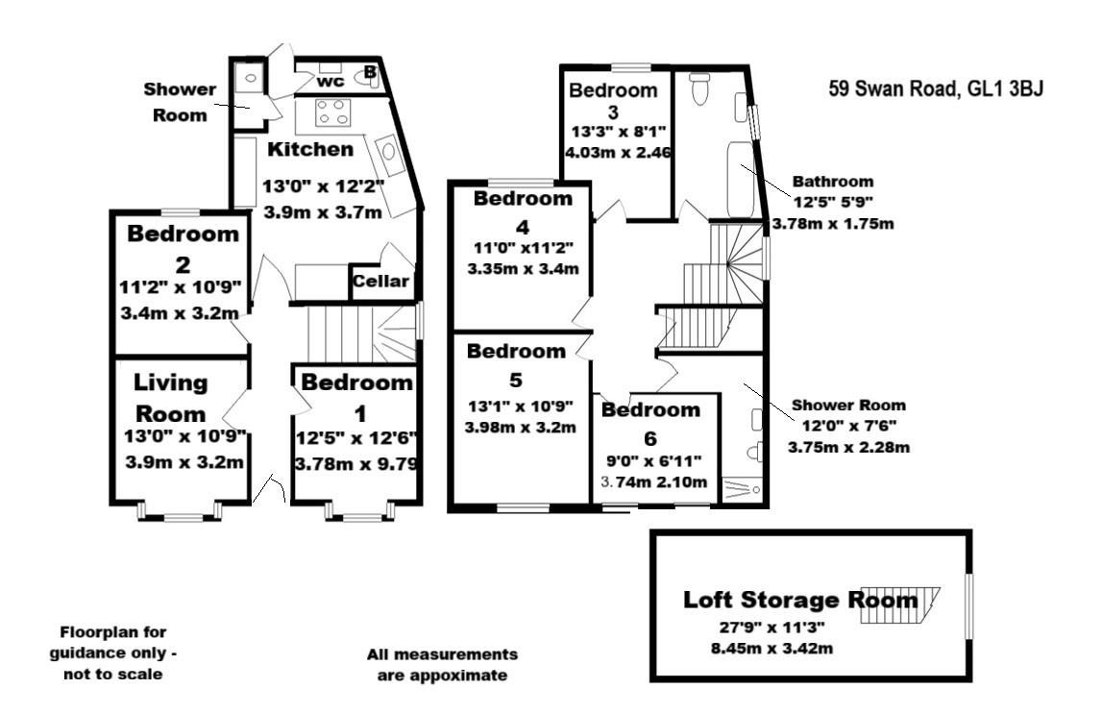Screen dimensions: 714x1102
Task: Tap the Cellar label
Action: [381, 282]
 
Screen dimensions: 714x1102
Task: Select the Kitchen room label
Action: [309, 149]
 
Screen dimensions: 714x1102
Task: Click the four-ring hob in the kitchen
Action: [332, 116]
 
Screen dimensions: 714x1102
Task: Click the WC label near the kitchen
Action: [330, 82]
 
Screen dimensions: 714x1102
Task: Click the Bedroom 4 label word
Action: [522, 199]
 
